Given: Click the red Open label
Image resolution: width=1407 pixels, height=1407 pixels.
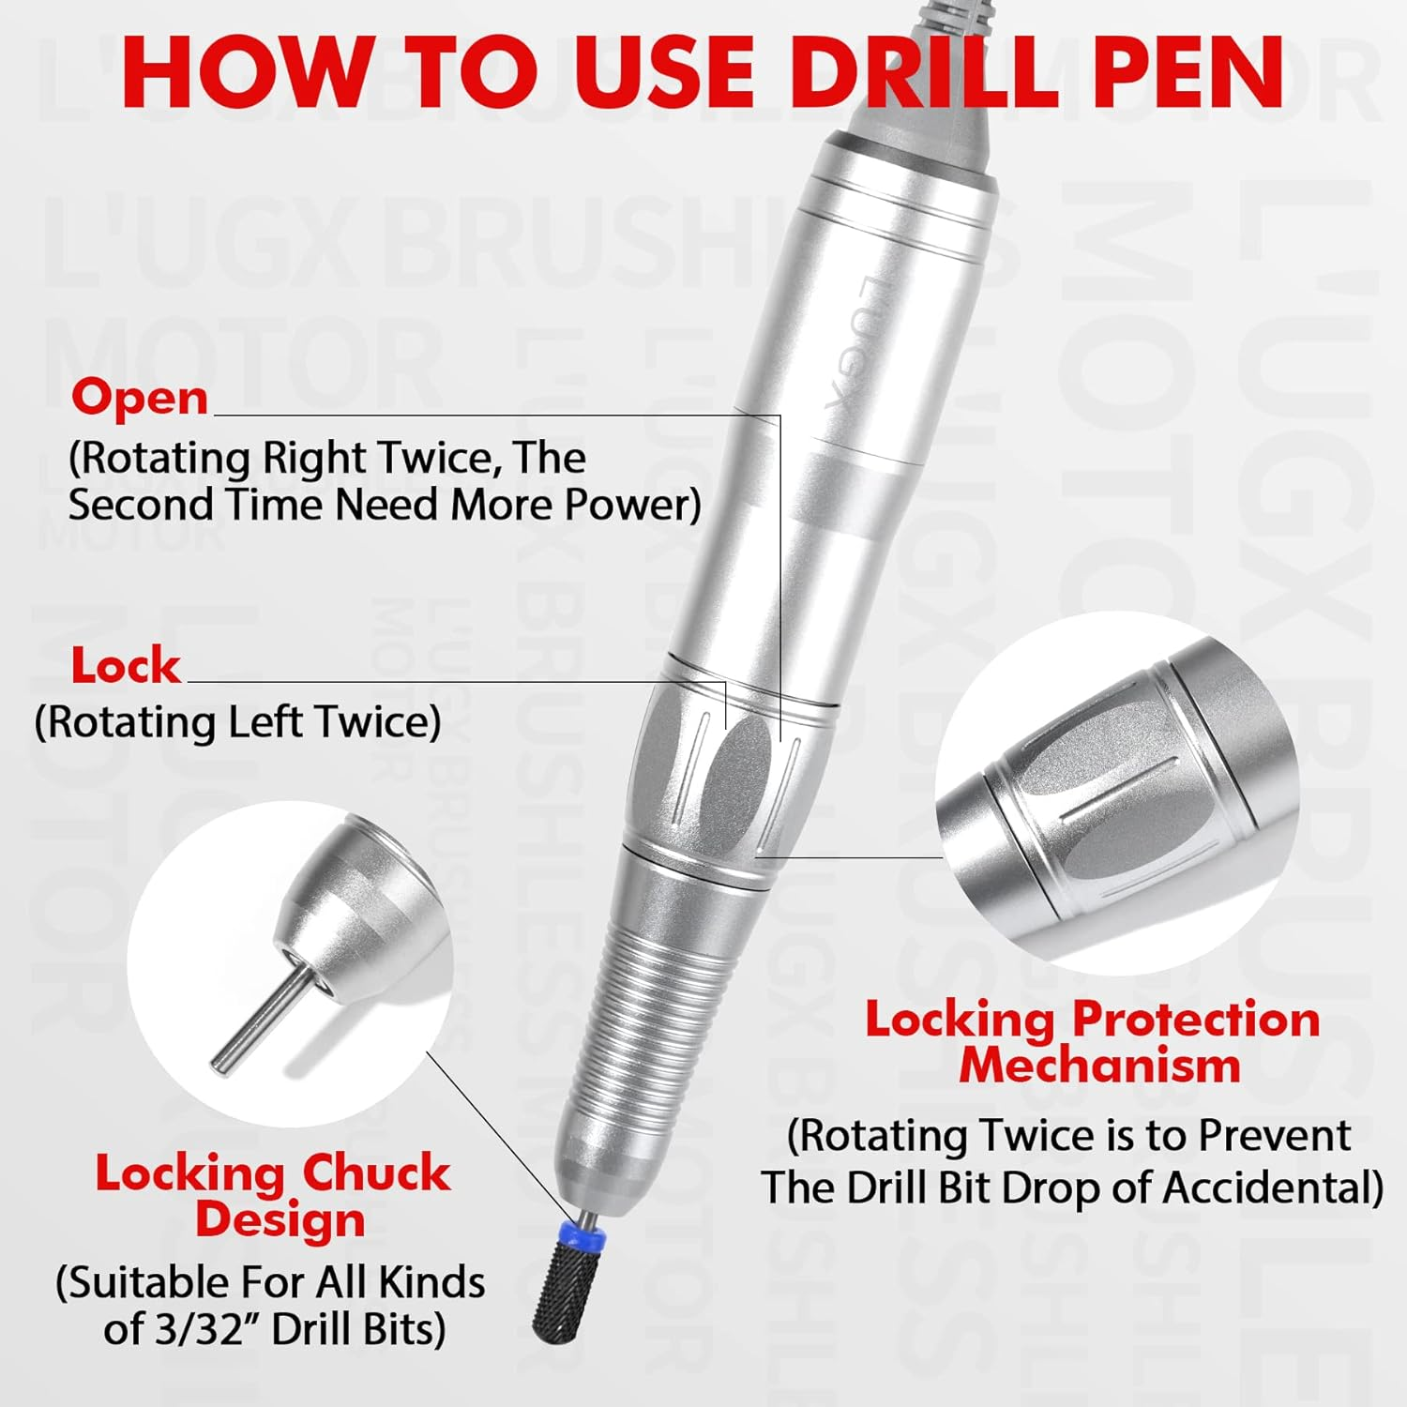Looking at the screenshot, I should (140, 397).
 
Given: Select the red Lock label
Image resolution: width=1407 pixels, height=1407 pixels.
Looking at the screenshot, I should (126, 666).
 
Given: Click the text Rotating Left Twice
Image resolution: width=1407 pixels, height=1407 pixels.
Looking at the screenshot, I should (237, 722).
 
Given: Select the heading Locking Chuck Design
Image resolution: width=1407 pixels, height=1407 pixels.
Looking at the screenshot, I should (273, 1196).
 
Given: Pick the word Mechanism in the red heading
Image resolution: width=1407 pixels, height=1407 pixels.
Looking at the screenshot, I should (1099, 1066).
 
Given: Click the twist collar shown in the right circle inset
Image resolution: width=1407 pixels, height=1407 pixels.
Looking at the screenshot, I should (1116, 797).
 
